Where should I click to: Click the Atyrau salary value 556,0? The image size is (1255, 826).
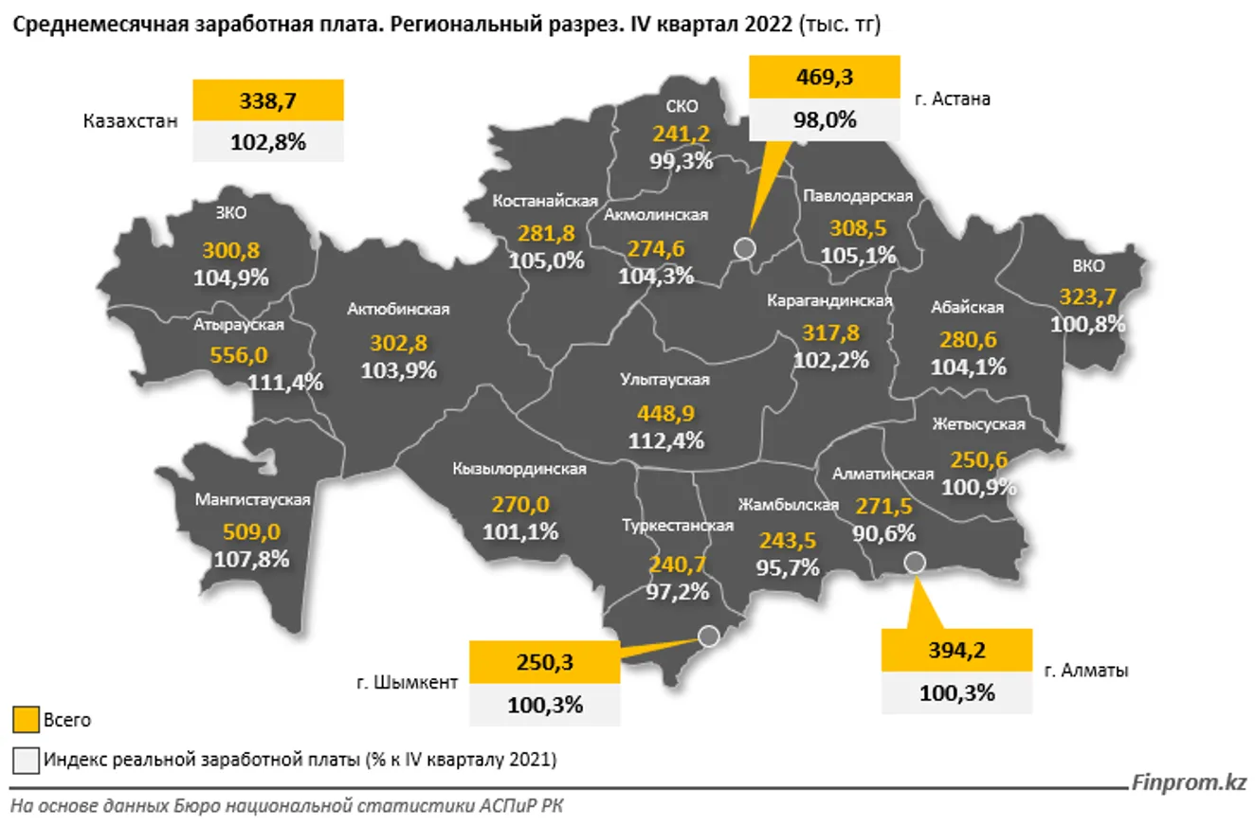(237, 354)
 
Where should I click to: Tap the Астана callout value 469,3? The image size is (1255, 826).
(825, 77)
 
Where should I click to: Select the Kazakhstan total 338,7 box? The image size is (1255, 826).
(267, 100)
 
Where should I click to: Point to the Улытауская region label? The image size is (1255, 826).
(665, 380)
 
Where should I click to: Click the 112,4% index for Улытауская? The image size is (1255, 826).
(665, 440)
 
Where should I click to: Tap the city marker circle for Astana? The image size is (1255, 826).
(745, 248)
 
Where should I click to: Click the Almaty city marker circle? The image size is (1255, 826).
(914, 563)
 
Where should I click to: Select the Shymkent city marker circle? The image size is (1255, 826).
(708, 636)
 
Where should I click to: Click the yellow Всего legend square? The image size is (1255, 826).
(26, 720)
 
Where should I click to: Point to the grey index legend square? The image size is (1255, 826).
(26, 760)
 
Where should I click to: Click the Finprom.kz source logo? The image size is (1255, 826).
(1189, 782)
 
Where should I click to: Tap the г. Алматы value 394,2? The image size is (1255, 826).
(956, 652)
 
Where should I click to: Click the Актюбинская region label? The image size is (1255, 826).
(398, 309)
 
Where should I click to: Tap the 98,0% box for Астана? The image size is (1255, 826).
(825, 119)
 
